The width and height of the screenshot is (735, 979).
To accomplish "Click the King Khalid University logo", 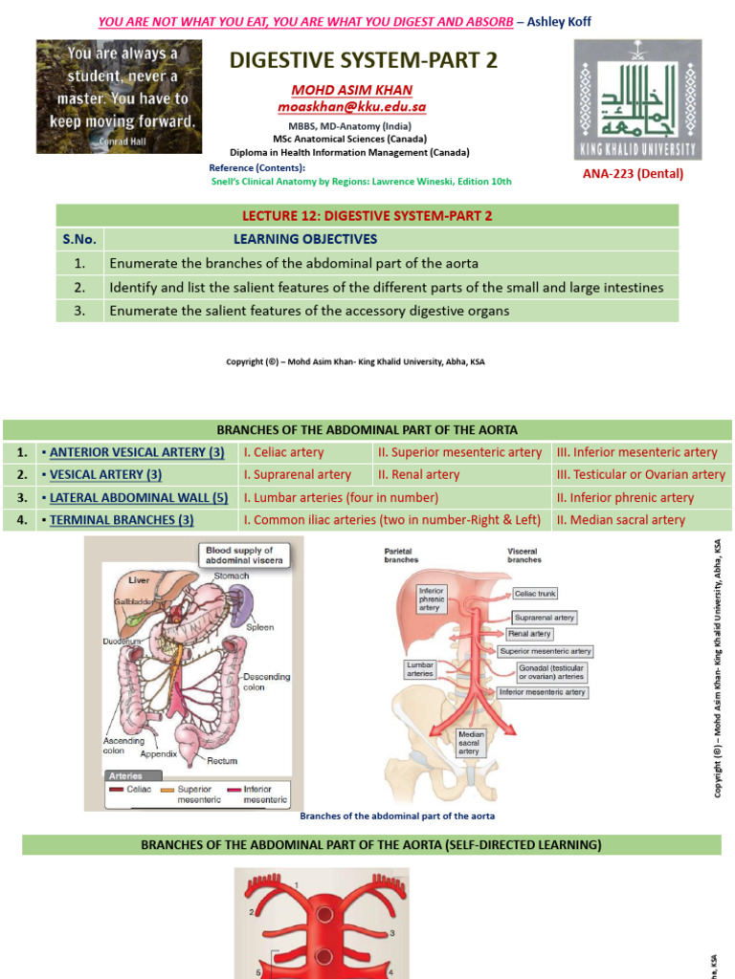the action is point(636,99).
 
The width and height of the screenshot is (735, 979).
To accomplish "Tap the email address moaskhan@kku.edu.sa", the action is point(352,108).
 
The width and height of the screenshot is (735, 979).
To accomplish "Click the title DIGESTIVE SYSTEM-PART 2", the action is point(351,61).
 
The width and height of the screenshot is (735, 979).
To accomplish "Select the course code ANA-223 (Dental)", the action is point(634,173).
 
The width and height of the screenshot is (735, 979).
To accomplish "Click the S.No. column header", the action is point(79,239).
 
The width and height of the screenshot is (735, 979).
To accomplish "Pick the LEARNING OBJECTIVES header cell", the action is point(305,239).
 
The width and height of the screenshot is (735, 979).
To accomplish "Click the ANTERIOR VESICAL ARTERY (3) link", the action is point(137,452).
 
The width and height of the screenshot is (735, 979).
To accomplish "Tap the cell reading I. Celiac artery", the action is point(284,452).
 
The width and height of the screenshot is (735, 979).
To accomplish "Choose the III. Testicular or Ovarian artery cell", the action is point(640,474).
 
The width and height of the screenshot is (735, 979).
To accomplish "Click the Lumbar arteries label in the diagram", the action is point(420,667).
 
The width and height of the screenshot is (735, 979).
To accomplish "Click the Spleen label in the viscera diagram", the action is point(259,627).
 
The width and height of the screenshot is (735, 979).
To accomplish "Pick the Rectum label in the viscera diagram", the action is point(222,761).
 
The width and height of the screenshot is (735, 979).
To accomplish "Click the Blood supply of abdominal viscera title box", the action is point(240,555).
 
